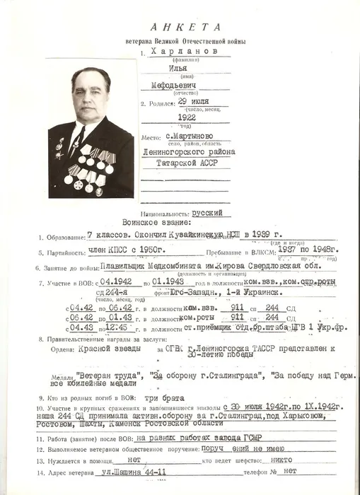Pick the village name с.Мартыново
pos(185,136)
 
